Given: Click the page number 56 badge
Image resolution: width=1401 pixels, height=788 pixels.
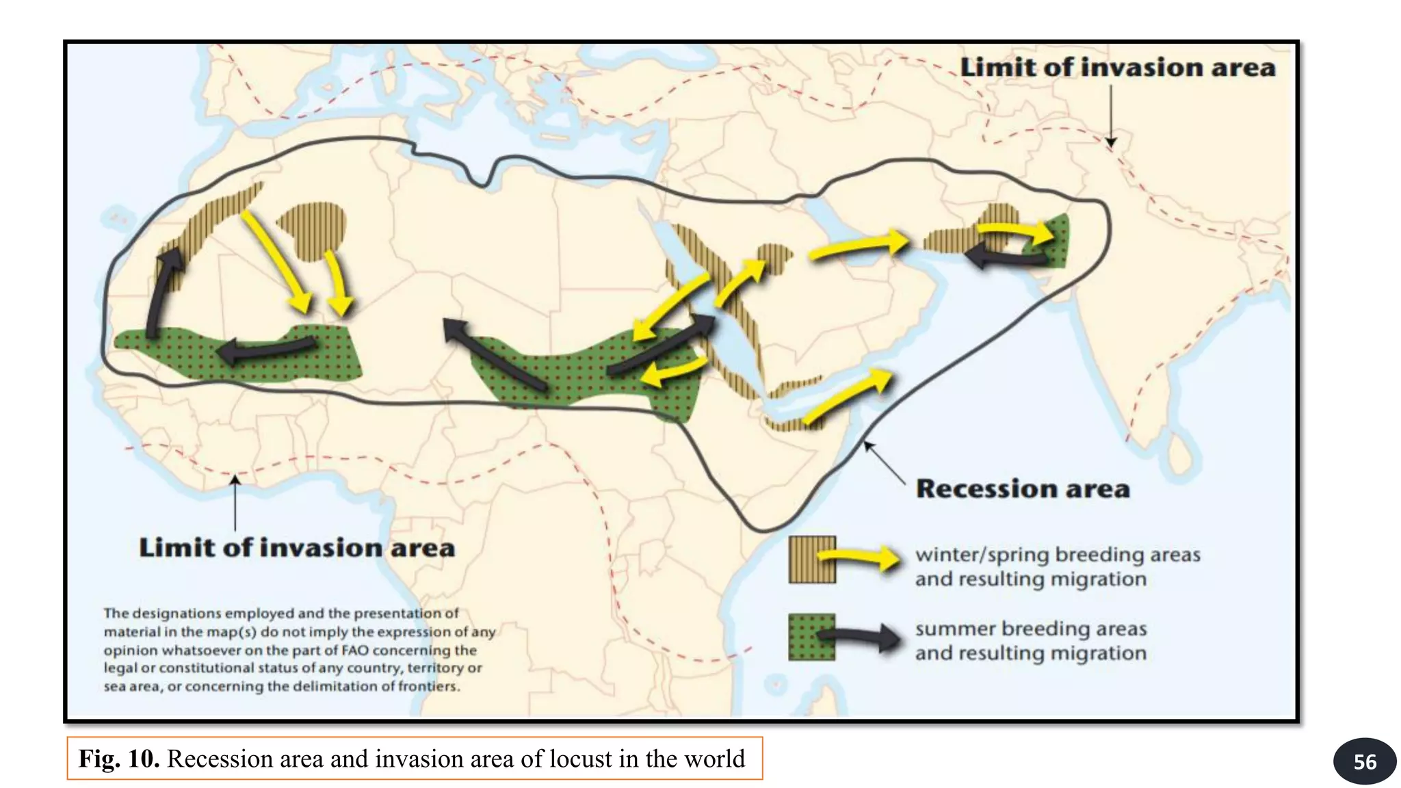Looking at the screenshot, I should (x=1364, y=761).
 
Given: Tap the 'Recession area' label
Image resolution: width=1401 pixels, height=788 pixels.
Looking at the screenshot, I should (x=1023, y=489).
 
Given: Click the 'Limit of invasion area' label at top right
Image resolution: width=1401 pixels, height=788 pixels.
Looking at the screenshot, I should (x=1118, y=68).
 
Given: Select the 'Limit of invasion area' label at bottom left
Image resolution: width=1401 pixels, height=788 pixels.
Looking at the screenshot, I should (x=297, y=548).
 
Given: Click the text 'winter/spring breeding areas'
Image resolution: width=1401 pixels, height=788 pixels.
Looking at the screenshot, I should (x=1058, y=554).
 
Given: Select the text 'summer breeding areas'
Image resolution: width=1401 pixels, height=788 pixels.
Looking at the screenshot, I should (x=1030, y=628).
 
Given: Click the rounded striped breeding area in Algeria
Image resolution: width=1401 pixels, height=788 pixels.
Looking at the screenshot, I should (x=313, y=229).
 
